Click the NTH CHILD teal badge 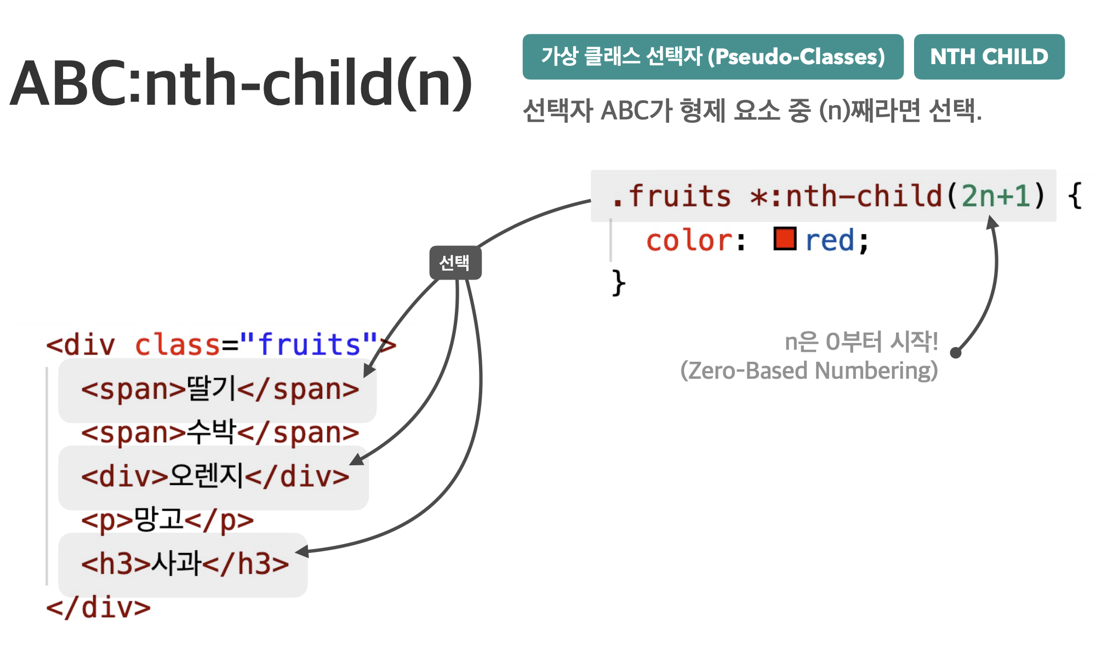click(989, 56)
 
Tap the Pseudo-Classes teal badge click(713, 56)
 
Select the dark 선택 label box click(455, 263)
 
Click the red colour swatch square click(785, 239)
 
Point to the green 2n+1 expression click(996, 196)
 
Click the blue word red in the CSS click(830, 241)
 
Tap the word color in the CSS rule click(689, 241)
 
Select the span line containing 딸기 click(220, 390)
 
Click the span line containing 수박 click(220, 433)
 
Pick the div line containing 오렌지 click(215, 476)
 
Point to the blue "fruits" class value click(309, 344)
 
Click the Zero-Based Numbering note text click(809, 370)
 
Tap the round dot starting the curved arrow click(956, 352)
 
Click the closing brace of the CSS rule click(619, 283)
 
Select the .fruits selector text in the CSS click(672, 196)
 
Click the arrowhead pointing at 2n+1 click(992, 222)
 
